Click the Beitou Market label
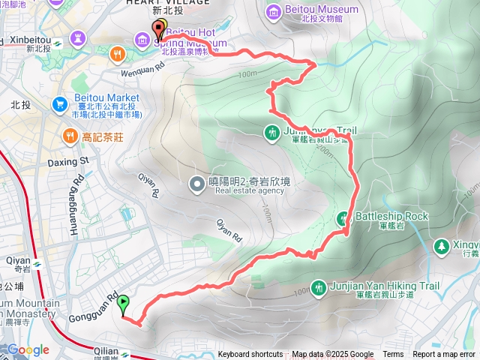[x=107, y=98]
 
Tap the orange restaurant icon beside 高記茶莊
[x=69, y=136]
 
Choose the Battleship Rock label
[x=391, y=216]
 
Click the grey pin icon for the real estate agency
[x=196, y=183]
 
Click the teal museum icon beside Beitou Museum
[x=273, y=11]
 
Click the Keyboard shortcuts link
[x=250, y=355]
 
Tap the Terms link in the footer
[x=393, y=355]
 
